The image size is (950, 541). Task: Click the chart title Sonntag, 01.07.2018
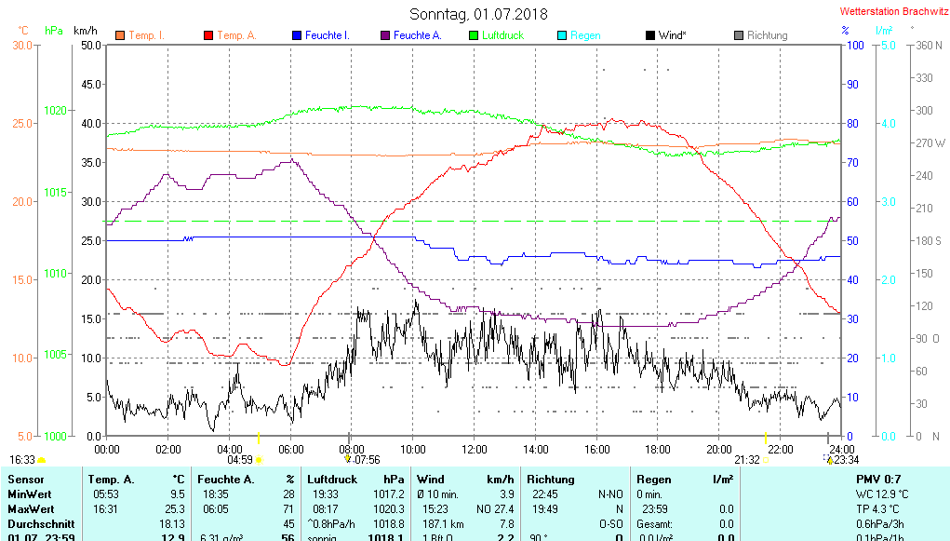pos(478,14)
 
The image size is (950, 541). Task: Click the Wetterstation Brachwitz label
pos(893,12)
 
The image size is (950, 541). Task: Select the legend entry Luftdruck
pos(502,35)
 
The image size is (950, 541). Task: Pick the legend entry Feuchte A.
pos(417,35)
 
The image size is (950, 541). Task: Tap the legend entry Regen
pos(585,35)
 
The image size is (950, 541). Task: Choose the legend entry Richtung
pos(767,35)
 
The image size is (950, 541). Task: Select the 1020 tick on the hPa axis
pos(55,110)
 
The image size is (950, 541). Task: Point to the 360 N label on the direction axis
pos(930,45)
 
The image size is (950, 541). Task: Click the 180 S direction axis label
pos(930,241)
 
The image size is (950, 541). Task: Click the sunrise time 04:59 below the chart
pos(240,459)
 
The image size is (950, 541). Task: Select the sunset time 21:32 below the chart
pos(747,459)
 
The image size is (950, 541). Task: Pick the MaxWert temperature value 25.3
pos(175,509)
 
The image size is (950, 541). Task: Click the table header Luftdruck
pos(332,480)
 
